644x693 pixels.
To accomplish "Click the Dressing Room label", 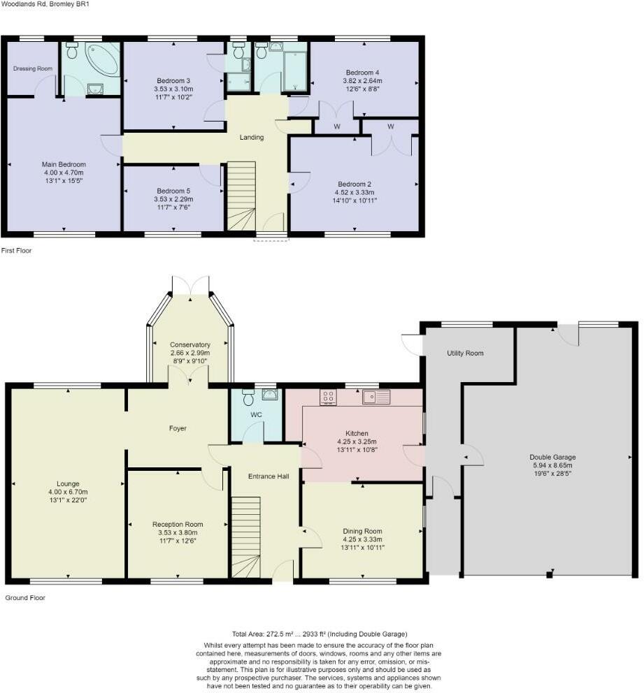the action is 33,68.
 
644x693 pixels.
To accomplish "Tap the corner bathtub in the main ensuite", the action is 102,59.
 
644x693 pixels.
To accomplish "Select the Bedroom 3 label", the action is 173,81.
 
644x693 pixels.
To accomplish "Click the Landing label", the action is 252,138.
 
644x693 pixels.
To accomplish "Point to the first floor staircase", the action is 241,196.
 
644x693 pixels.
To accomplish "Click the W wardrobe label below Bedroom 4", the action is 337,127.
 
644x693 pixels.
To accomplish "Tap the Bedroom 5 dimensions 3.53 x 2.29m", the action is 173,199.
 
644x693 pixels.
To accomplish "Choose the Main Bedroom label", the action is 64,164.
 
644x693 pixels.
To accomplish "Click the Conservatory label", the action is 190,344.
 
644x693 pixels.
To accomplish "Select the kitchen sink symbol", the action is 376,397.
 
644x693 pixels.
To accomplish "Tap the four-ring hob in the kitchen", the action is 328,397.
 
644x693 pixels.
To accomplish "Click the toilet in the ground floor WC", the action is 248,397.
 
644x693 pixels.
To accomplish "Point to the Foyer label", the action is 178,428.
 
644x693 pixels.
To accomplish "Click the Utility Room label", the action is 465,353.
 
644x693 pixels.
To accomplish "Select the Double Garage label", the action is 552,458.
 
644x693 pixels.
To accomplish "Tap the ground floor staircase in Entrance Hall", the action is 246,537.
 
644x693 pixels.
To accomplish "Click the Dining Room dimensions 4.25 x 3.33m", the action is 362,539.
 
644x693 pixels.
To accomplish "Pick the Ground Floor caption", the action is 25,598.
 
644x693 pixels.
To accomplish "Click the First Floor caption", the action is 16,251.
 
